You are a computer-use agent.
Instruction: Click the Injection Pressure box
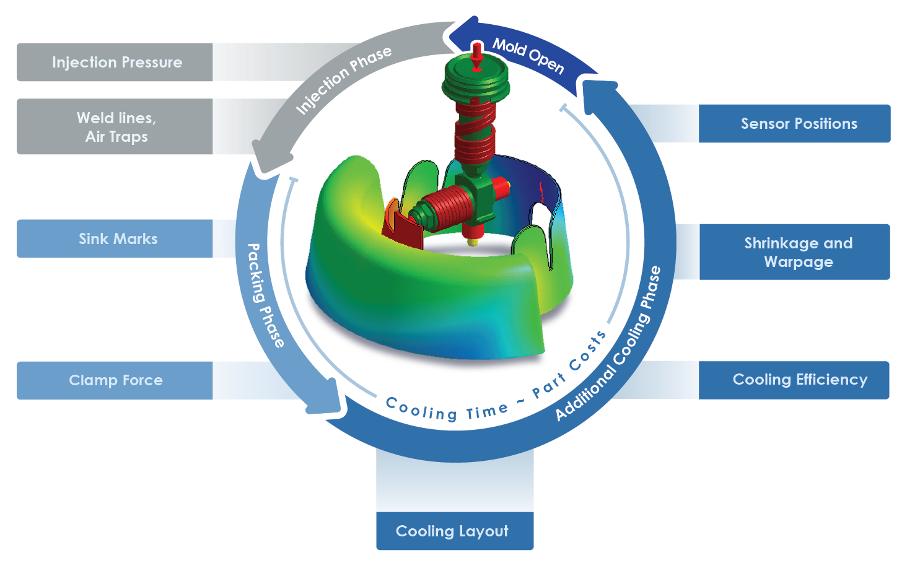116,63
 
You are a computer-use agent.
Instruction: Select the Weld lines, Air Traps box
116,127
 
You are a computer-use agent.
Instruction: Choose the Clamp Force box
116,380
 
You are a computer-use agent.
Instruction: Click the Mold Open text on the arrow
528,56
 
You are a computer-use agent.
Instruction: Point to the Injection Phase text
343,81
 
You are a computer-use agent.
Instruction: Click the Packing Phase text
265,295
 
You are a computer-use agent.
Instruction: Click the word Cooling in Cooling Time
421,409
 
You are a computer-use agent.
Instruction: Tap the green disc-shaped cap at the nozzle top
476,81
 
